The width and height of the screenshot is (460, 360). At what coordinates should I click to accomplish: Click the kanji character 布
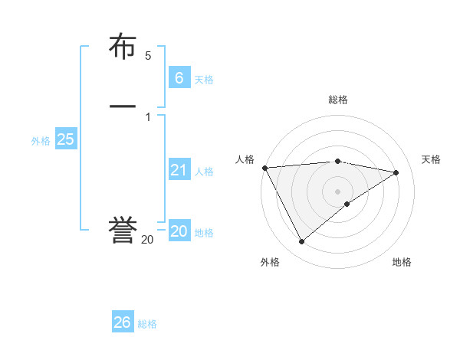[123, 47]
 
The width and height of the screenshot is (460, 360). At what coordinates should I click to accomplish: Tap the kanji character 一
[123, 106]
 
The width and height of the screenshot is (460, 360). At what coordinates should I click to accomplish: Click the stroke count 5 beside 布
[148, 56]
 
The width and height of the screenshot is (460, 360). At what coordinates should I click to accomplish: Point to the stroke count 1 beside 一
[148, 116]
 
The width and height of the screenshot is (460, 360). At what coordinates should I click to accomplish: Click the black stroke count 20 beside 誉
[147, 240]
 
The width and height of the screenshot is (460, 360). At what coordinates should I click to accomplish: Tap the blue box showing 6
[179, 77]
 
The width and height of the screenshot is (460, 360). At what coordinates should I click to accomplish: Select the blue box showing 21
[179, 170]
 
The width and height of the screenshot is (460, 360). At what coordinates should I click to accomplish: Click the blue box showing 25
[65, 139]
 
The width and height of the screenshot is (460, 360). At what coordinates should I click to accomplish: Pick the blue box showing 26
[123, 322]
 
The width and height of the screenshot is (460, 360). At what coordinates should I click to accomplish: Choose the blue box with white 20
[179, 231]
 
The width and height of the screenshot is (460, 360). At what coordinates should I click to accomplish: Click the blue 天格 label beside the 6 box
[204, 80]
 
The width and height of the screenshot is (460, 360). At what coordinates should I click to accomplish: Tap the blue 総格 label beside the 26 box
[147, 324]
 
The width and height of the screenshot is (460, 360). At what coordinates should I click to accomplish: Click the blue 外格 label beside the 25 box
[41, 141]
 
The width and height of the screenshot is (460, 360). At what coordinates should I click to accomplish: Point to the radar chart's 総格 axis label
[338, 100]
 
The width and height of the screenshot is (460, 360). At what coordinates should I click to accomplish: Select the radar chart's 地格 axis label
[402, 262]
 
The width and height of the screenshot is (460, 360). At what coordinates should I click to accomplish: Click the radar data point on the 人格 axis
[264, 168]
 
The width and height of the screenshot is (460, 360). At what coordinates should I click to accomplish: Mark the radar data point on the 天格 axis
[396, 172]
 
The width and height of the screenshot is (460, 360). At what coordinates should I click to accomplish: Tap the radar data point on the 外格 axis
[301, 242]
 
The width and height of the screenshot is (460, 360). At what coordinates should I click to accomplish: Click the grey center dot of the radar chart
[338, 191]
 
